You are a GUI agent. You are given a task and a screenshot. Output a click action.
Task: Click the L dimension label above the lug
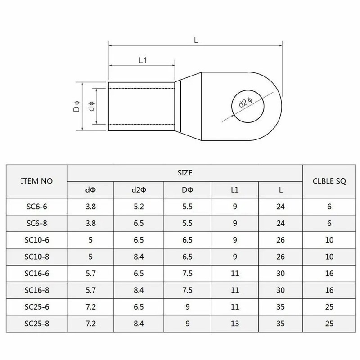pos(196,40)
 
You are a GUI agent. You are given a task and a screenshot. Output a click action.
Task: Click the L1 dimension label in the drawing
pos(143,60)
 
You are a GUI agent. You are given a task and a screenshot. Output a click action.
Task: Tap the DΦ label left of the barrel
pos(76,106)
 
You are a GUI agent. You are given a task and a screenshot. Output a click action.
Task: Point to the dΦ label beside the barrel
pos(92,106)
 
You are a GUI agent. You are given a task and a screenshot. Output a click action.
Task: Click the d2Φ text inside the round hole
pos(246,103)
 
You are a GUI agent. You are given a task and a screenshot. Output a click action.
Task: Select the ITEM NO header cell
pos(37,181)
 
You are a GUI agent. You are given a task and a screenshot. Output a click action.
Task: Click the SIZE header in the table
pos(185,173)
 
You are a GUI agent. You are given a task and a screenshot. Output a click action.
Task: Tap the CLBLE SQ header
pos(329,181)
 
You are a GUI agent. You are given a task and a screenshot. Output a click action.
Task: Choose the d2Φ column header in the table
pos(139,190)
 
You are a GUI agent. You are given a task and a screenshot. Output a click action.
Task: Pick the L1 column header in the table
pos(234,190)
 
